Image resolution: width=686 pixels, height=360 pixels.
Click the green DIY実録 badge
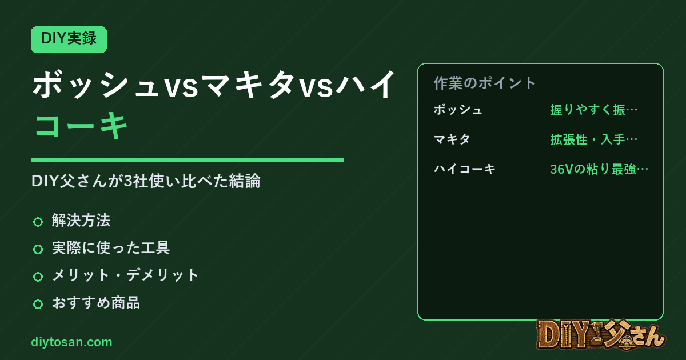pyautogui.click(x=69, y=39)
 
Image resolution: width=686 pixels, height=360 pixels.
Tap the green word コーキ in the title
pyautogui.click(x=81, y=125)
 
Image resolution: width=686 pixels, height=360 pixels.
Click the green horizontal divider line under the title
pyautogui.click(x=187, y=159)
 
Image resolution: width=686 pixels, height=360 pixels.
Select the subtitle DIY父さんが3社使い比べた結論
pyautogui.click(x=146, y=181)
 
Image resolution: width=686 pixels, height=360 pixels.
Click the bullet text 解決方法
pyautogui.click(x=81, y=221)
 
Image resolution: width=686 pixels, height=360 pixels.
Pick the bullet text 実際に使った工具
pyautogui.click(x=110, y=247)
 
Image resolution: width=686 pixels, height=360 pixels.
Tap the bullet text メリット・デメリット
pyautogui.click(x=125, y=275)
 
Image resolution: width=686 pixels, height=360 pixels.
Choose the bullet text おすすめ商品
pyautogui.click(x=96, y=302)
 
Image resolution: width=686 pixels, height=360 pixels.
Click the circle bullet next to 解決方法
pyautogui.click(x=38, y=222)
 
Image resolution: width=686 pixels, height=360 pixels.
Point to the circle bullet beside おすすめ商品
pyautogui.click(x=38, y=304)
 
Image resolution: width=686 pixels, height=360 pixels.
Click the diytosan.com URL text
pyautogui.click(x=71, y=342)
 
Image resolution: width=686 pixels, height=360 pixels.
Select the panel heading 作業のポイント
pyautogui.click(x=485, y=83)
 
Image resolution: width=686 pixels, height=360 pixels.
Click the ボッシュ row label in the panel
pyautogui.click(x=458, y=110)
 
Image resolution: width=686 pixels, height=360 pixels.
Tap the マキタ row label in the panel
pyautogui.click(x=452, y=139)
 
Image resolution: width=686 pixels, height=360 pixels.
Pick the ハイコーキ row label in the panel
pyautogui.click(x=464, y=169)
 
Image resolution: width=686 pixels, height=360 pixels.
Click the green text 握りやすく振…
pyautogui.click(x=594, y=110)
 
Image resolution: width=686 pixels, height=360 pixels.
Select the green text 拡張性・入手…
pyautogui.click(x=594, y=139)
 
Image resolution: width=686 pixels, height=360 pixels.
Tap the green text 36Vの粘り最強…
pyautogui.click(x=599, y=169)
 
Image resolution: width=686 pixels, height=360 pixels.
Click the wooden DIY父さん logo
pyautogui.click(x=601, y=335)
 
